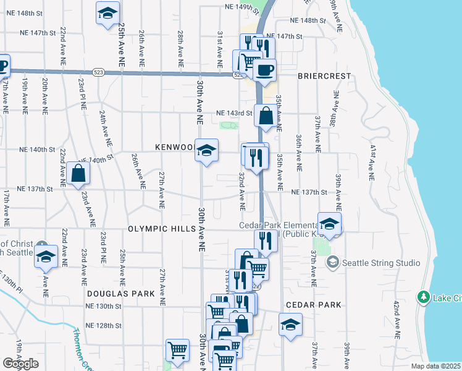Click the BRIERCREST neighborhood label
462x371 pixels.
(324, 76)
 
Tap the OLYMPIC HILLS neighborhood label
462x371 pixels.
(161, 229)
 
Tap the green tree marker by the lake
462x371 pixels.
(423, 297)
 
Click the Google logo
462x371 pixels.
(20, 364)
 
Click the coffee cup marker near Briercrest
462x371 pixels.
(264, 70)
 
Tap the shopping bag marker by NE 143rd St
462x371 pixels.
(266, 115)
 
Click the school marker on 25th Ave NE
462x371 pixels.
(107, 12)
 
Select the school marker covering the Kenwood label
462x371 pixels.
(206, 150)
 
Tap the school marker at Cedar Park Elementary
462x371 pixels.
(329, 224)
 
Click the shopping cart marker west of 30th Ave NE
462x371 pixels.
(177, 350)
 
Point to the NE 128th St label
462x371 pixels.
(104, 326)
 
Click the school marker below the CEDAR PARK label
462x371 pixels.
(290, 325)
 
